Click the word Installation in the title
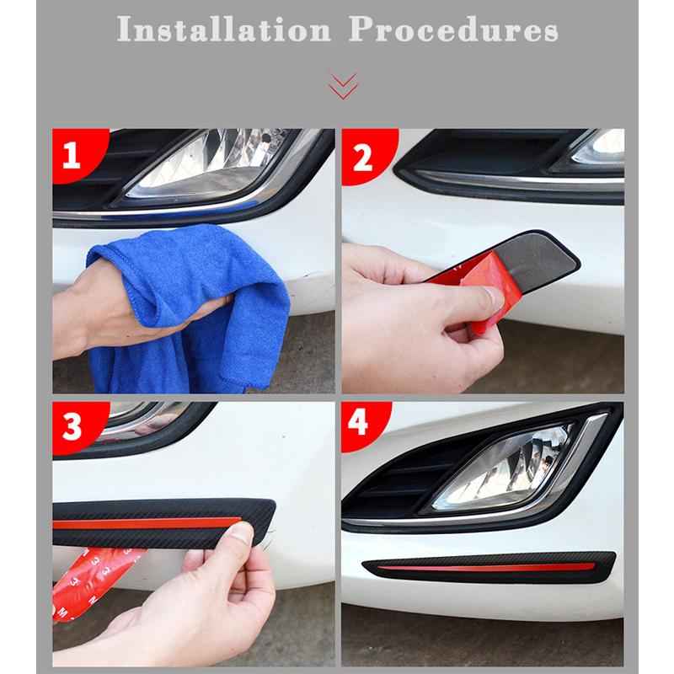[x=223, y=29]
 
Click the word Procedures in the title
[x=453, y=29]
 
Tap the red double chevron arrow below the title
[x=343, y=87]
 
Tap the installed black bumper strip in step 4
[x=489, y=567]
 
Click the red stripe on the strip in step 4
[x=486, y=567]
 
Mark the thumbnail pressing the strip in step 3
[x=240, y=533]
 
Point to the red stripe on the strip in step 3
[x=146, y=523]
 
